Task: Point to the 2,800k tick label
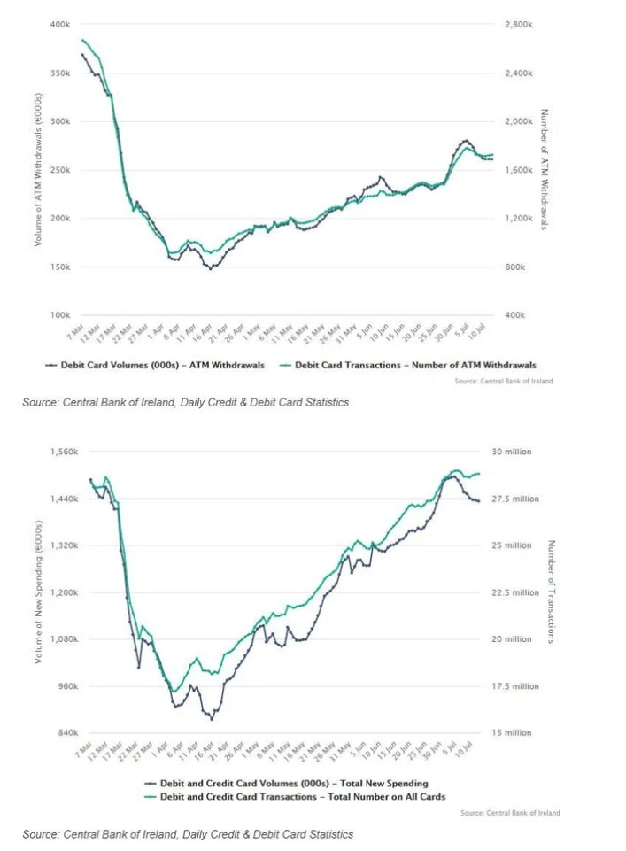point(518,25)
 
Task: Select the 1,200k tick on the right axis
point(518,219)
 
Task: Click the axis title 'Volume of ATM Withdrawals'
point(38,168)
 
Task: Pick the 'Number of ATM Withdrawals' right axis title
point(544,169)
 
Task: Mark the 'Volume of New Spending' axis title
point(38,592)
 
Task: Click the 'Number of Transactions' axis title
point(551,592)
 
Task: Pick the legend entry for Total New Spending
point(285,784)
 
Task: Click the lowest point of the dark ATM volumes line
point(211,268)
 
